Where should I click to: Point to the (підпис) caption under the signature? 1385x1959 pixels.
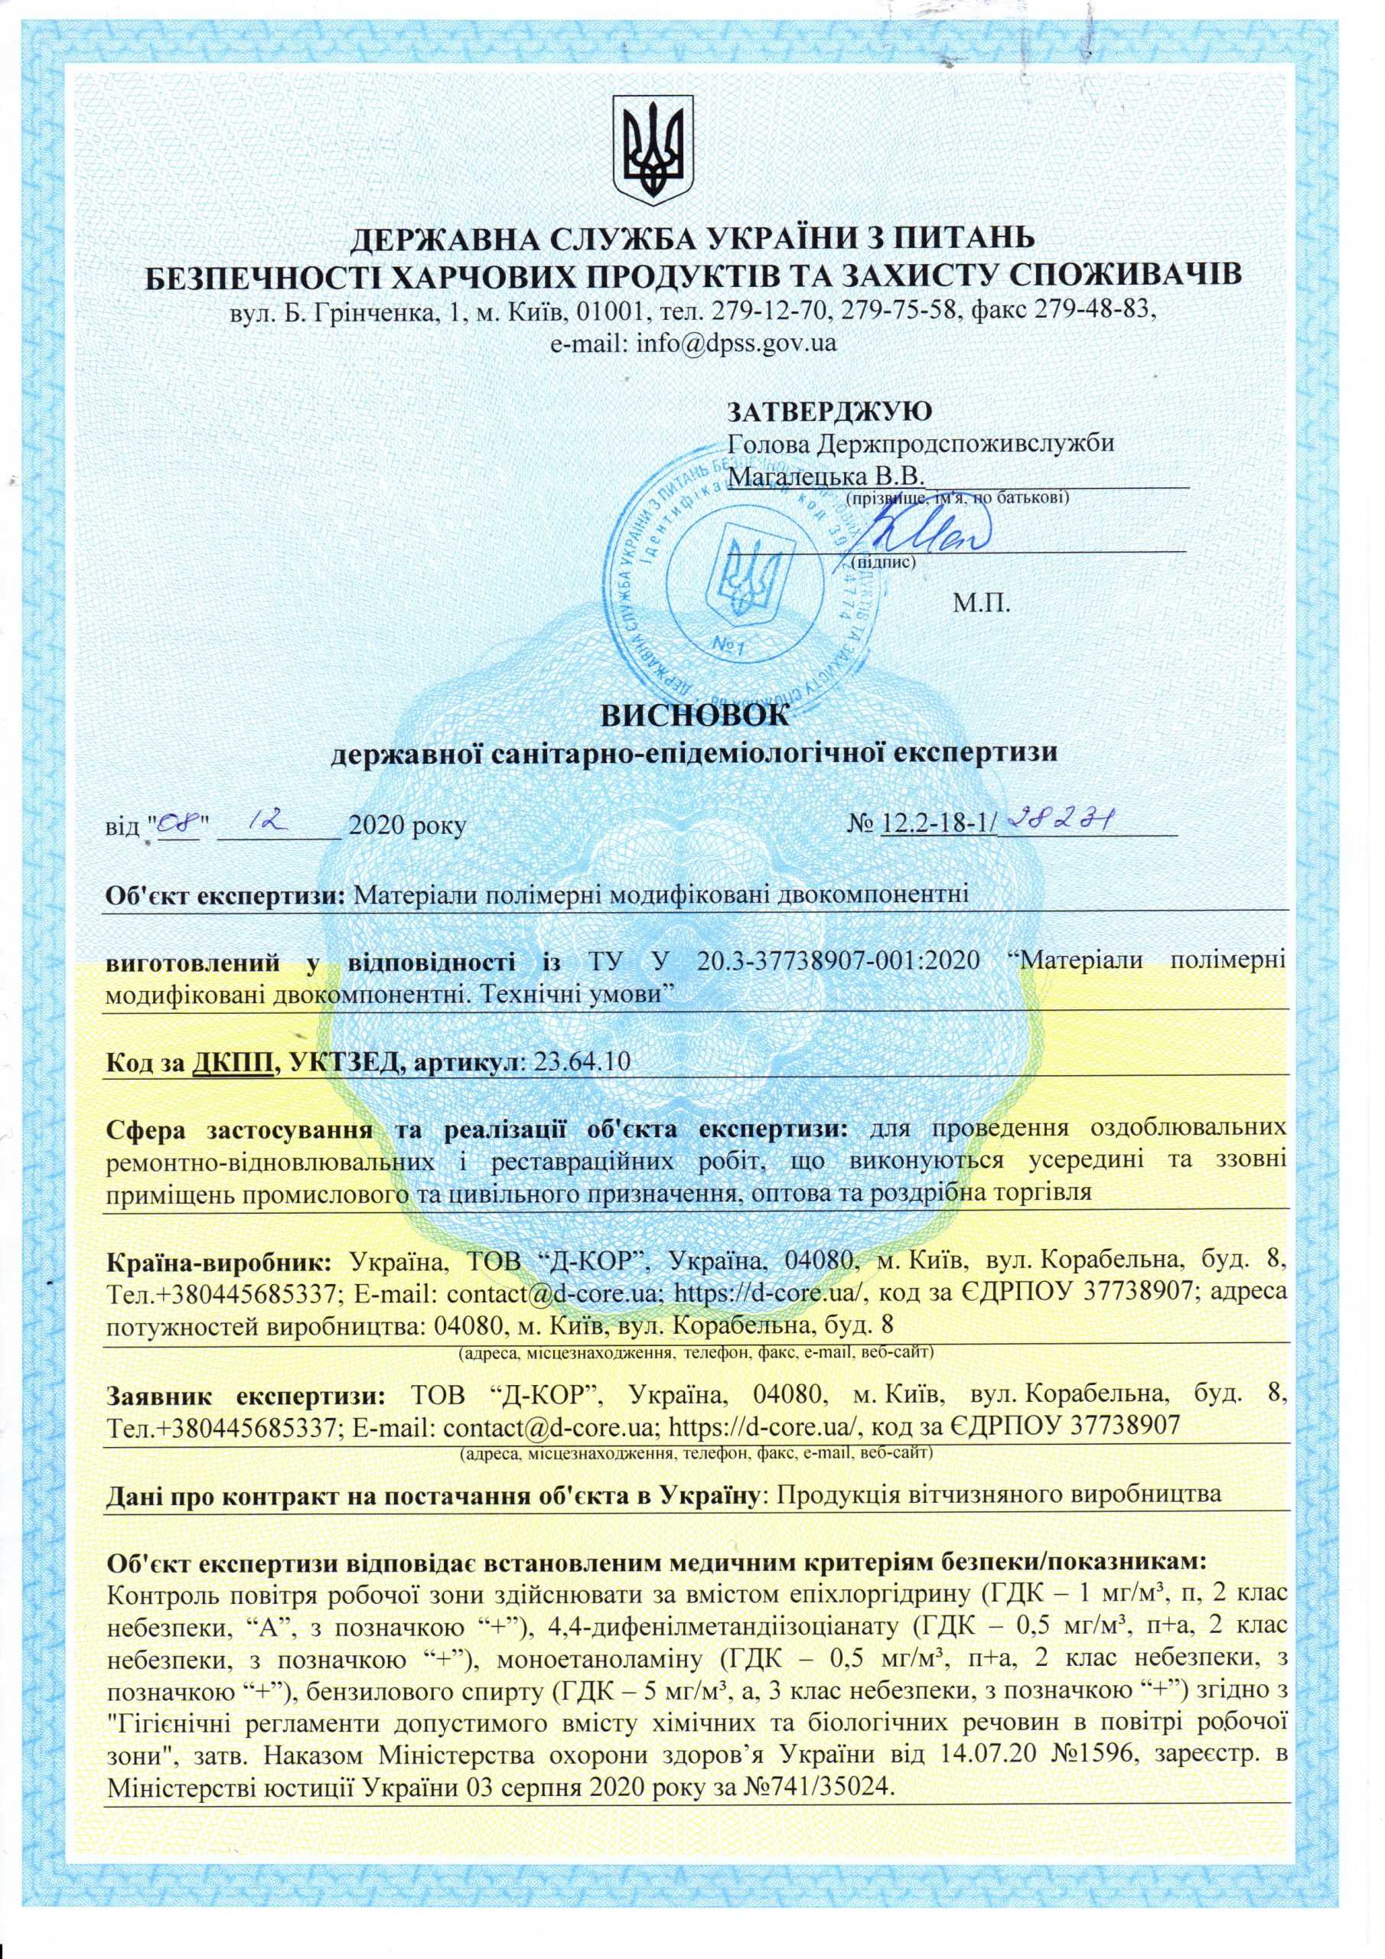coord(883,563)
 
